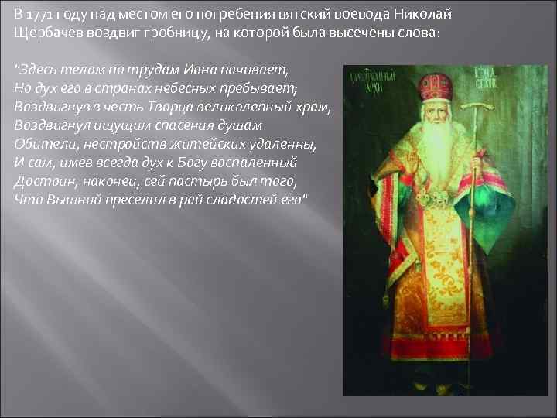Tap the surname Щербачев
[48, 35]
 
